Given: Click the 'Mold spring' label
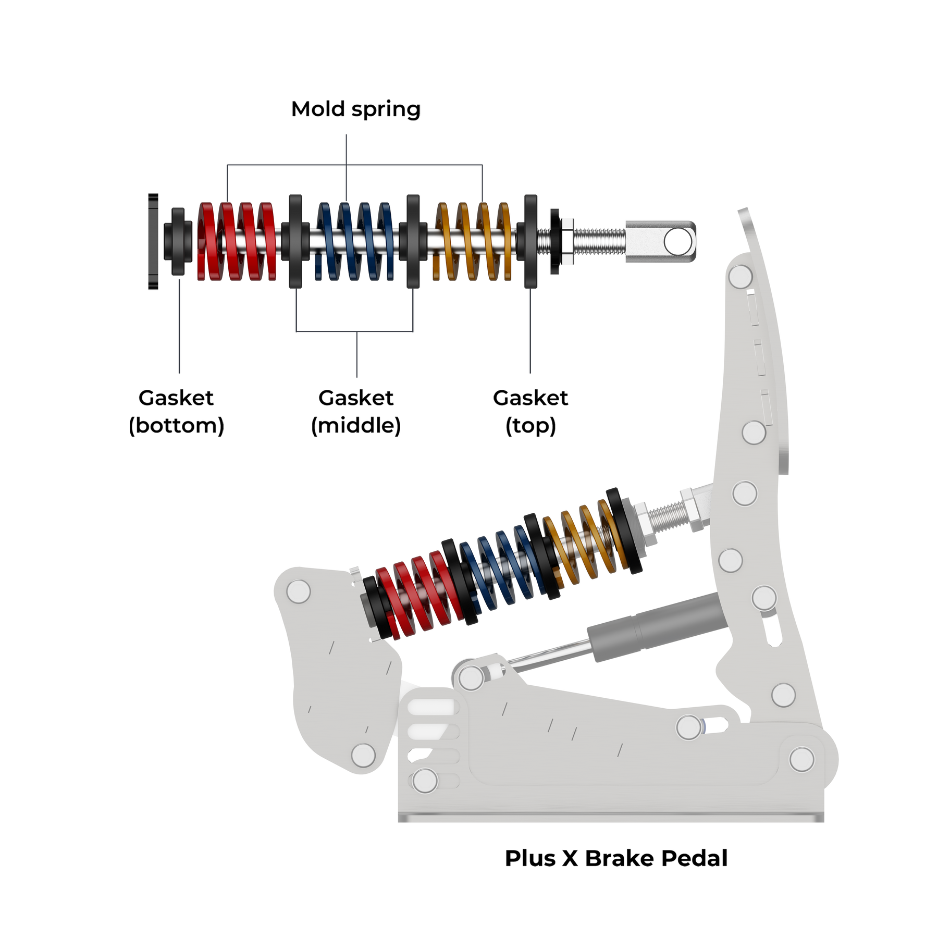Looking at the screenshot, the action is pos(355,110).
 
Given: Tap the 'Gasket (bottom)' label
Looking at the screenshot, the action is pos(176,412).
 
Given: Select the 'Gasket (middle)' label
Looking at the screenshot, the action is pos(356,412).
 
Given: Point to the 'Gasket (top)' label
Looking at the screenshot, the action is pos(530,412).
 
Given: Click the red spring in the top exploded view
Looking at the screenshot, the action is pos(237,241).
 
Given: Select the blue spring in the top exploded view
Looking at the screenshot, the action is pos(355,241).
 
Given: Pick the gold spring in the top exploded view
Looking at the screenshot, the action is pos(473,241).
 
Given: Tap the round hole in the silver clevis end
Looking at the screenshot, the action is pos(678,242).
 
